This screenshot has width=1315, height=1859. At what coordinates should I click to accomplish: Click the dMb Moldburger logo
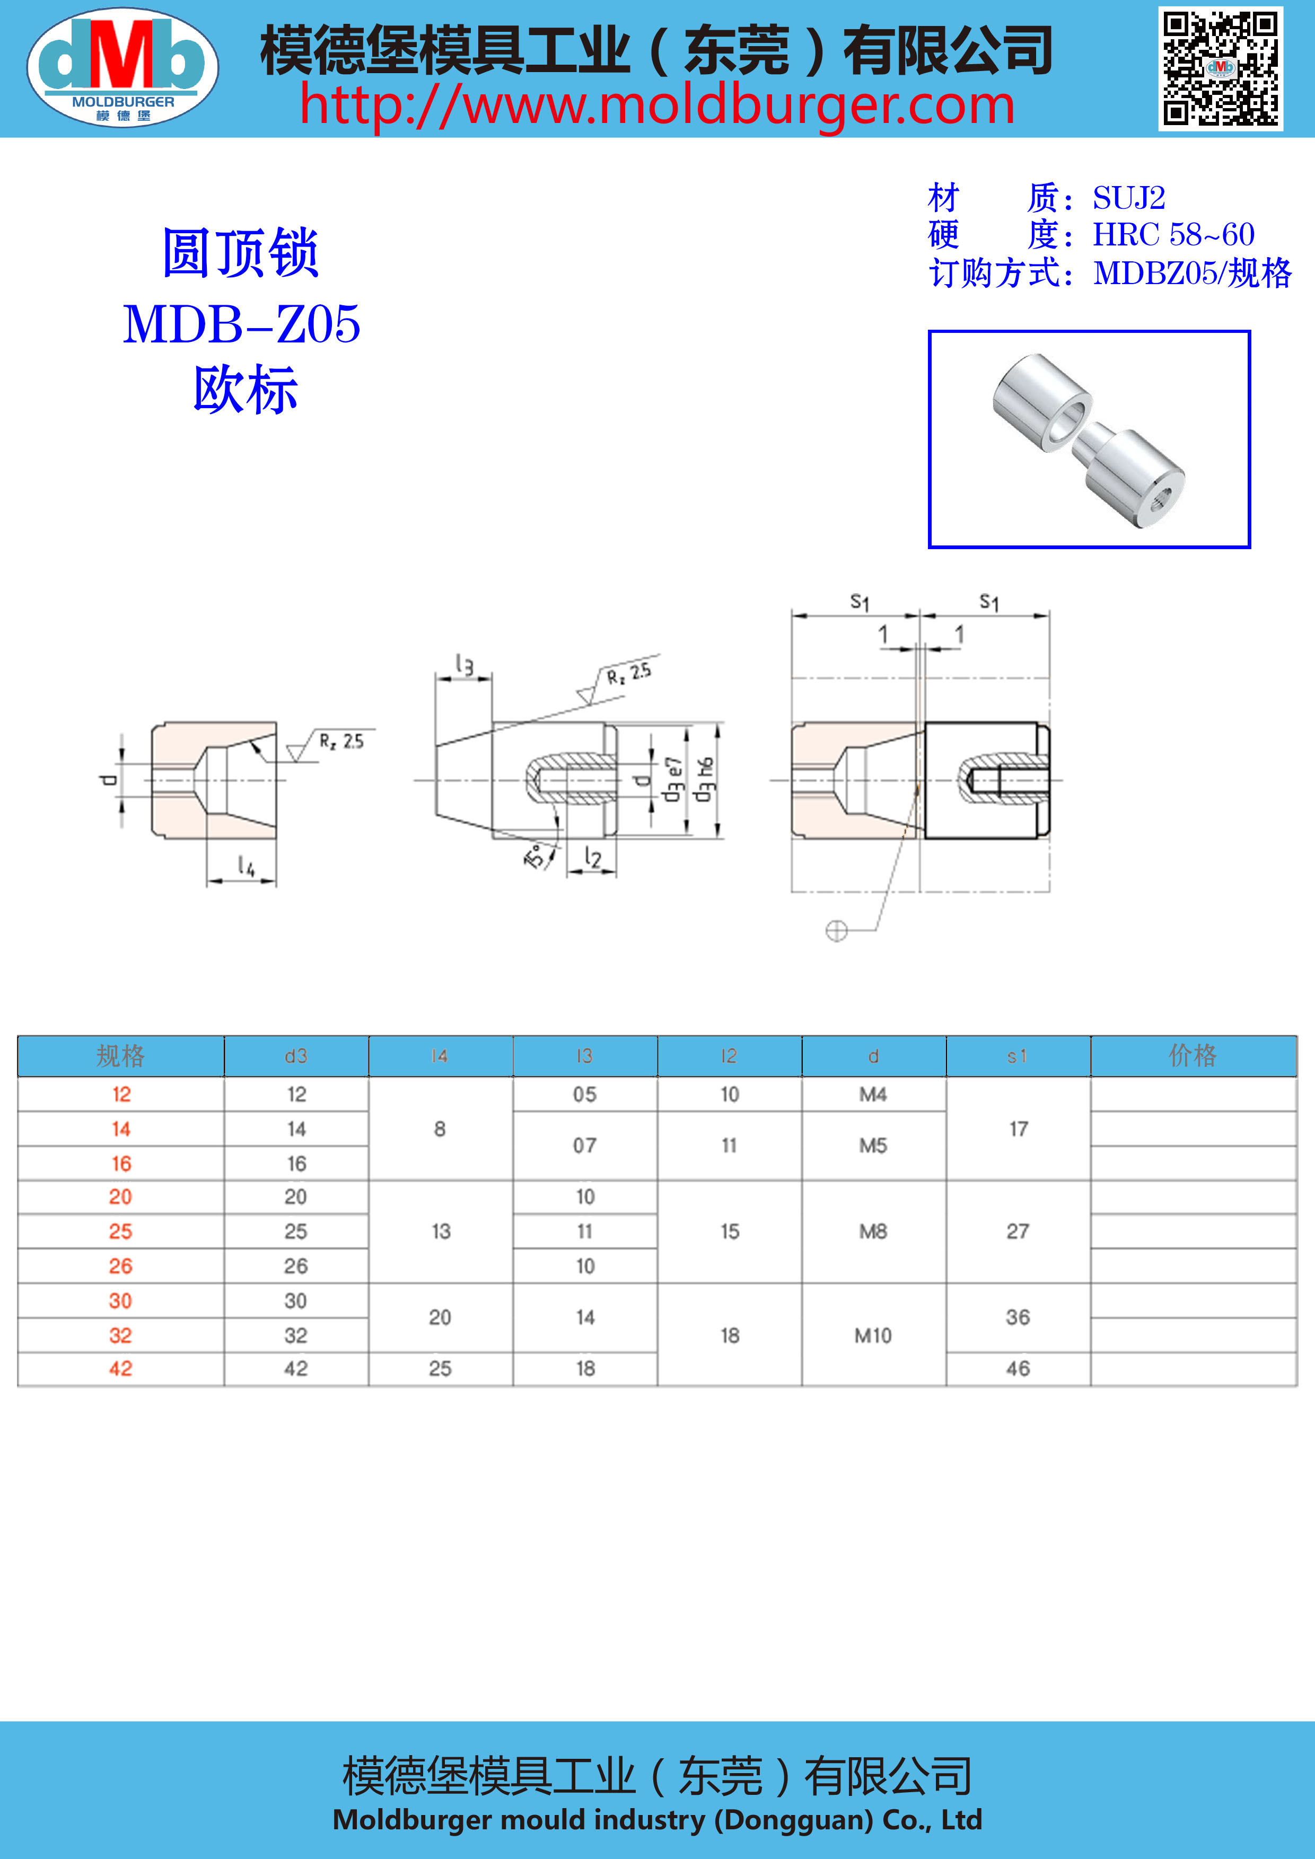[x=122, y=68]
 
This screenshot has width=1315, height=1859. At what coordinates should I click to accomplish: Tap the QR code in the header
[x=1220, y=69]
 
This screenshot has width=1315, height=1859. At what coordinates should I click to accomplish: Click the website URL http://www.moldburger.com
[x=656, y=106]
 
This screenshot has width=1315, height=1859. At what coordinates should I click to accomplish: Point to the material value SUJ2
[x=1129, y=198]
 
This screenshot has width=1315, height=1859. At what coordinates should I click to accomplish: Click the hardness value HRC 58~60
[x=1173, y=235]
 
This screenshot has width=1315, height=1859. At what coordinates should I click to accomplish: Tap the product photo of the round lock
[x=1089, y=439]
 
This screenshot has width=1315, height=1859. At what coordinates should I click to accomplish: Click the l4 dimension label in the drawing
[x=246, y=866]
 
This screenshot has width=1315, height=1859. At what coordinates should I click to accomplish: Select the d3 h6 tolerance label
[x=705, y=780]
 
